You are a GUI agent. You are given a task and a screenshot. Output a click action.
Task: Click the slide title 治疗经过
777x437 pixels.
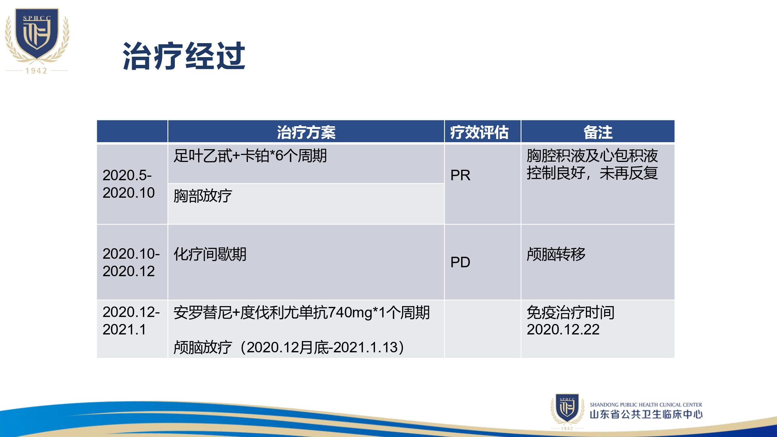point(184,56)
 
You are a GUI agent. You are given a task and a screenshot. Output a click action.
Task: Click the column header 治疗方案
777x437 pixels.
point(306,132)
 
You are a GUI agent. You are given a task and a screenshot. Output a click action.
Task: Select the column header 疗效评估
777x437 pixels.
point(479,132)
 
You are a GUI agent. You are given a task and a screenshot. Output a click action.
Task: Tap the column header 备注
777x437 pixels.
point(598,132)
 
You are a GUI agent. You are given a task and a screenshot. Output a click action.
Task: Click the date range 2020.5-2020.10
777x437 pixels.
point(129,184)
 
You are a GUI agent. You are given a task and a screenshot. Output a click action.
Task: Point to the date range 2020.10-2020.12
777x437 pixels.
point(131,262)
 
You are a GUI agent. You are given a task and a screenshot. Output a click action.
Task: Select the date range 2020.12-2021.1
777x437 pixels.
point(131,320)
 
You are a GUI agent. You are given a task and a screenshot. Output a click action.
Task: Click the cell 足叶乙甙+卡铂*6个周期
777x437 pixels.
point(250,156)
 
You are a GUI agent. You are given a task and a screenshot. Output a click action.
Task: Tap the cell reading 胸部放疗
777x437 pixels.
point(202,196)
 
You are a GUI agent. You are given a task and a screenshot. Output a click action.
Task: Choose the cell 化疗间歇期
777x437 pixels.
point(210,254)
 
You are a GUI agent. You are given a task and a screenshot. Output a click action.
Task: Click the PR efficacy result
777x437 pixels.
point(460,175)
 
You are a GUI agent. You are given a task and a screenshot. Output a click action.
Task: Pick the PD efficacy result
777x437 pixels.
point(460,262)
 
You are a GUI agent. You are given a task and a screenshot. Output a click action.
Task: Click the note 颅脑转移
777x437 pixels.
point(556,254)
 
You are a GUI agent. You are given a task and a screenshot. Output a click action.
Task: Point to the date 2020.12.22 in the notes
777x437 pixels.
point(563,329)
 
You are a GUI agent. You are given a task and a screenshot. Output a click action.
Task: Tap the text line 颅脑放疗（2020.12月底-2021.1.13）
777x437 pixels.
point(289,347)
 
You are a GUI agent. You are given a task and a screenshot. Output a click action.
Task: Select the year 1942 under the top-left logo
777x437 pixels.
point(37,71)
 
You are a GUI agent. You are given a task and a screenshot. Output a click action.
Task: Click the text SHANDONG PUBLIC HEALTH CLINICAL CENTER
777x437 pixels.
point(646,405)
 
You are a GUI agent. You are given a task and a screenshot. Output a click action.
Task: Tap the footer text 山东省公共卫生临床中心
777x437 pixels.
point(646,414)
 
